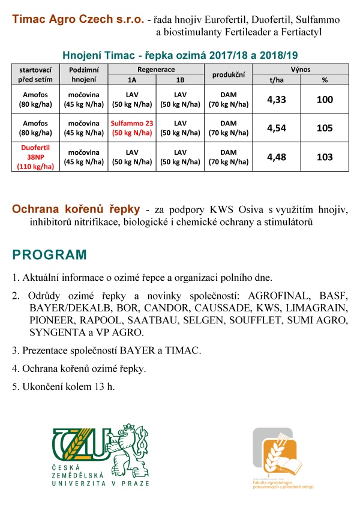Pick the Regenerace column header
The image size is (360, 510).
(x=157, y=70)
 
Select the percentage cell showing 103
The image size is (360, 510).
(x=324, y=157)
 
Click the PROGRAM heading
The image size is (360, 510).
(x=50, y=254)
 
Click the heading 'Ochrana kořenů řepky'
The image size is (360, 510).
(x=76, y=209)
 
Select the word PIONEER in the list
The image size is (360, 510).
(x=50, y=320)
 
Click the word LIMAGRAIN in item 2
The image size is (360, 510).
(x=319, y=308)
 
